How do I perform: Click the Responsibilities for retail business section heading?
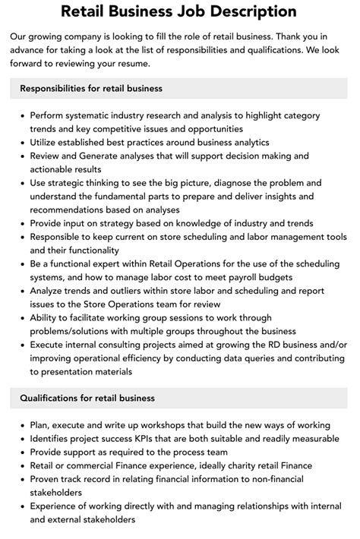pos(91,89)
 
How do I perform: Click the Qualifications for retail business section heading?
pos(87,398)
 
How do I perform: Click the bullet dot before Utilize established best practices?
pos(22,142)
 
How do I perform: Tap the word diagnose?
pos(255,183)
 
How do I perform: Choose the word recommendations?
pos(66,210)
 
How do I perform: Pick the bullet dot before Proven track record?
pos(22,479)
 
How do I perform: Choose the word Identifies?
pos(54,438)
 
